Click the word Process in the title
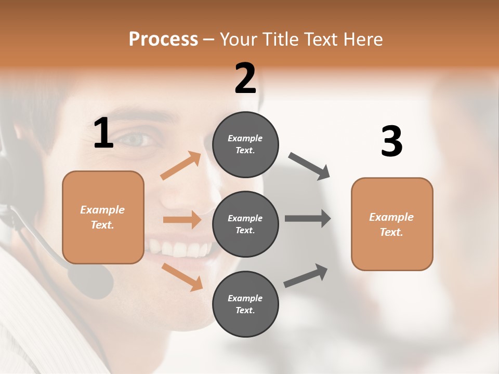tap(163, 39)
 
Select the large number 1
tap(103, 133)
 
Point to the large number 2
tap(245, 78)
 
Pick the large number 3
tap(391, 142)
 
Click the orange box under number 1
tap(103, 217)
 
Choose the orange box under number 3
tap(392, 224)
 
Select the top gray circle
tap(245, 144)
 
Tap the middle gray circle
tap(245, 224)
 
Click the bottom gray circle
tap(245, 304)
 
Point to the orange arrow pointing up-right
tap(181, 166)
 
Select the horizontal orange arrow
tap(182, 220)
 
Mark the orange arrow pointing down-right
tap(182, 276)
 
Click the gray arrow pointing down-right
tap(309, 166)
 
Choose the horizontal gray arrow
tap(308, 218)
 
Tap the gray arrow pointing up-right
tap(306, 275)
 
